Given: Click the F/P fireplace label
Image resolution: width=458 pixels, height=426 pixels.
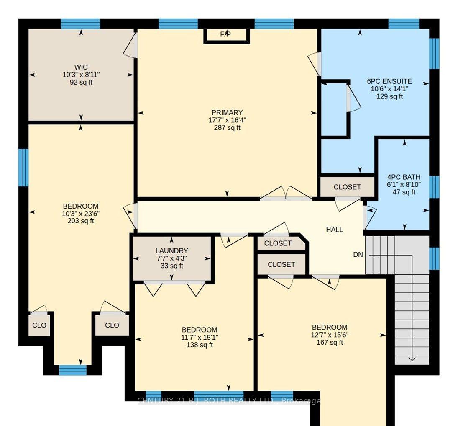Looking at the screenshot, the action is pos(225,34).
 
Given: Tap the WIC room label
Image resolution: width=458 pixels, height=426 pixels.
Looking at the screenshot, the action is pos(81,67).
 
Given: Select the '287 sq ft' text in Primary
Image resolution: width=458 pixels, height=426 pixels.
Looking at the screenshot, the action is pos(227,128).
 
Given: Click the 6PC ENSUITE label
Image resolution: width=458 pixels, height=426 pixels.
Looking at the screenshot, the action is pos(389,81).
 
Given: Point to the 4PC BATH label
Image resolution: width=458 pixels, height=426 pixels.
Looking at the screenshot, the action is pos(404,177).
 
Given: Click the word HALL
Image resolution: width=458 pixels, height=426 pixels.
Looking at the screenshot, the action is pos(335,230).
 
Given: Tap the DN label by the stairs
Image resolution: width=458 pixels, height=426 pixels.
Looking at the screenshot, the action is pos(358,255).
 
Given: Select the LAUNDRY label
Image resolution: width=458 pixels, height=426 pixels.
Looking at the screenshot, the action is pos(171,251).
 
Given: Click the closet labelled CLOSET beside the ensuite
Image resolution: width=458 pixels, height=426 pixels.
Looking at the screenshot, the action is pos(347,187).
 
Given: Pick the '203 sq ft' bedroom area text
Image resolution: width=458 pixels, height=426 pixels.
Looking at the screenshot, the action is pos(81,221).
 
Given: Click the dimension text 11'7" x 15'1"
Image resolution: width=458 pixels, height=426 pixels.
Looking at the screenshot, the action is pos(200,337).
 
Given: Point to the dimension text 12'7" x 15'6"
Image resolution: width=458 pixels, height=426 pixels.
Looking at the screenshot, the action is pos(330,335).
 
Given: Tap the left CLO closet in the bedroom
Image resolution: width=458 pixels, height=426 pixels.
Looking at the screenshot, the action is pos(39,325).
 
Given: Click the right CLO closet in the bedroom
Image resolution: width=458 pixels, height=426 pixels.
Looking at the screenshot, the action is pos(112,325).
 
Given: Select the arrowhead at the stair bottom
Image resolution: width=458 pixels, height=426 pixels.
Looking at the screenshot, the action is pos(412,359).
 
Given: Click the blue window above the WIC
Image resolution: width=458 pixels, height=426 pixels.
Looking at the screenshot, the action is pos(81,24).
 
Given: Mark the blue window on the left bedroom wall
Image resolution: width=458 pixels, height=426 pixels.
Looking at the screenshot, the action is pos(23,168).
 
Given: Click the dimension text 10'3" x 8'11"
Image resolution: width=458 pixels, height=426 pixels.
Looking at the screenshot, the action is pos(81,75).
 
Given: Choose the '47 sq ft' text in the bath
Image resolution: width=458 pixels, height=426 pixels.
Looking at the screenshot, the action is pos(404,192).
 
